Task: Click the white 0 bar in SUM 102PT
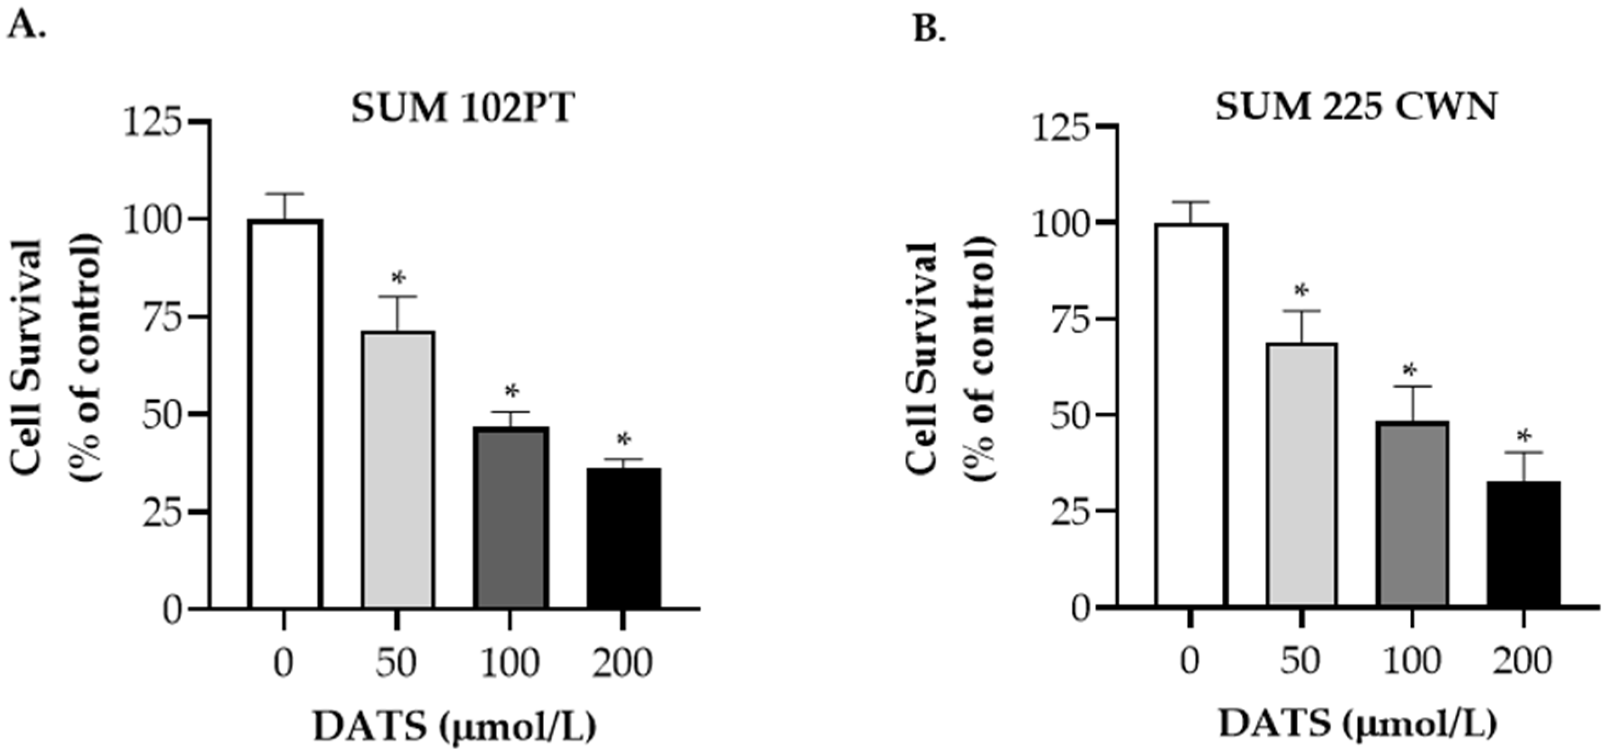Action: [x=285, y=412]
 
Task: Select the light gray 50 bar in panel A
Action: [x=398, y=469]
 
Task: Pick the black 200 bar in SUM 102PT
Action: [x=623, y=538]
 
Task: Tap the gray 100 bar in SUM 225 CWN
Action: [x=1413, y=513]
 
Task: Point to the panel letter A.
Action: [x=26, y=26]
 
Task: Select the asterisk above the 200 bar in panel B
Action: [x=1524, y=436]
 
